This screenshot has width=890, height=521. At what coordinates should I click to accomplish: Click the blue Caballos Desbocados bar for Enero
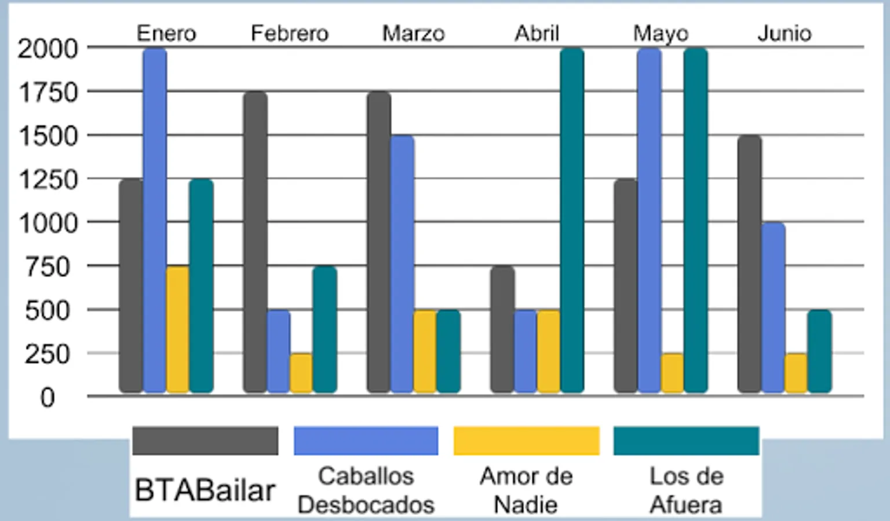[155, 220]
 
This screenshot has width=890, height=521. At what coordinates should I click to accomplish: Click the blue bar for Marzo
[402, 264]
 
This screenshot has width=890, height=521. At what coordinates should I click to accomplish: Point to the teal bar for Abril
[572, 220]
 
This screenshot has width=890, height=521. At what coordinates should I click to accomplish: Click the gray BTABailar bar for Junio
[749, 264]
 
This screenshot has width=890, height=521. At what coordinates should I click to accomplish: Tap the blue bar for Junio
[773, 307]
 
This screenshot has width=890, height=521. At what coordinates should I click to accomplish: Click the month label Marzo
[413, 34]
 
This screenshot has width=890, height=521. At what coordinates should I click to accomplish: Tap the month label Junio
[784, 34]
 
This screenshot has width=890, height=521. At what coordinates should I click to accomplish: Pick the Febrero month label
[289, 34]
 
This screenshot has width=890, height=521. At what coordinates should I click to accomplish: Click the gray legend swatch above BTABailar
[205, 441]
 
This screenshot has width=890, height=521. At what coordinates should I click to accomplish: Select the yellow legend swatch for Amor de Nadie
[526, 441]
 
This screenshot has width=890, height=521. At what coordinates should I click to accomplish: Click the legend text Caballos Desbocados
[366, 490]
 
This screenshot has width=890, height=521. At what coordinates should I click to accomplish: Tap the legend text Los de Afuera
[686, 490]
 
